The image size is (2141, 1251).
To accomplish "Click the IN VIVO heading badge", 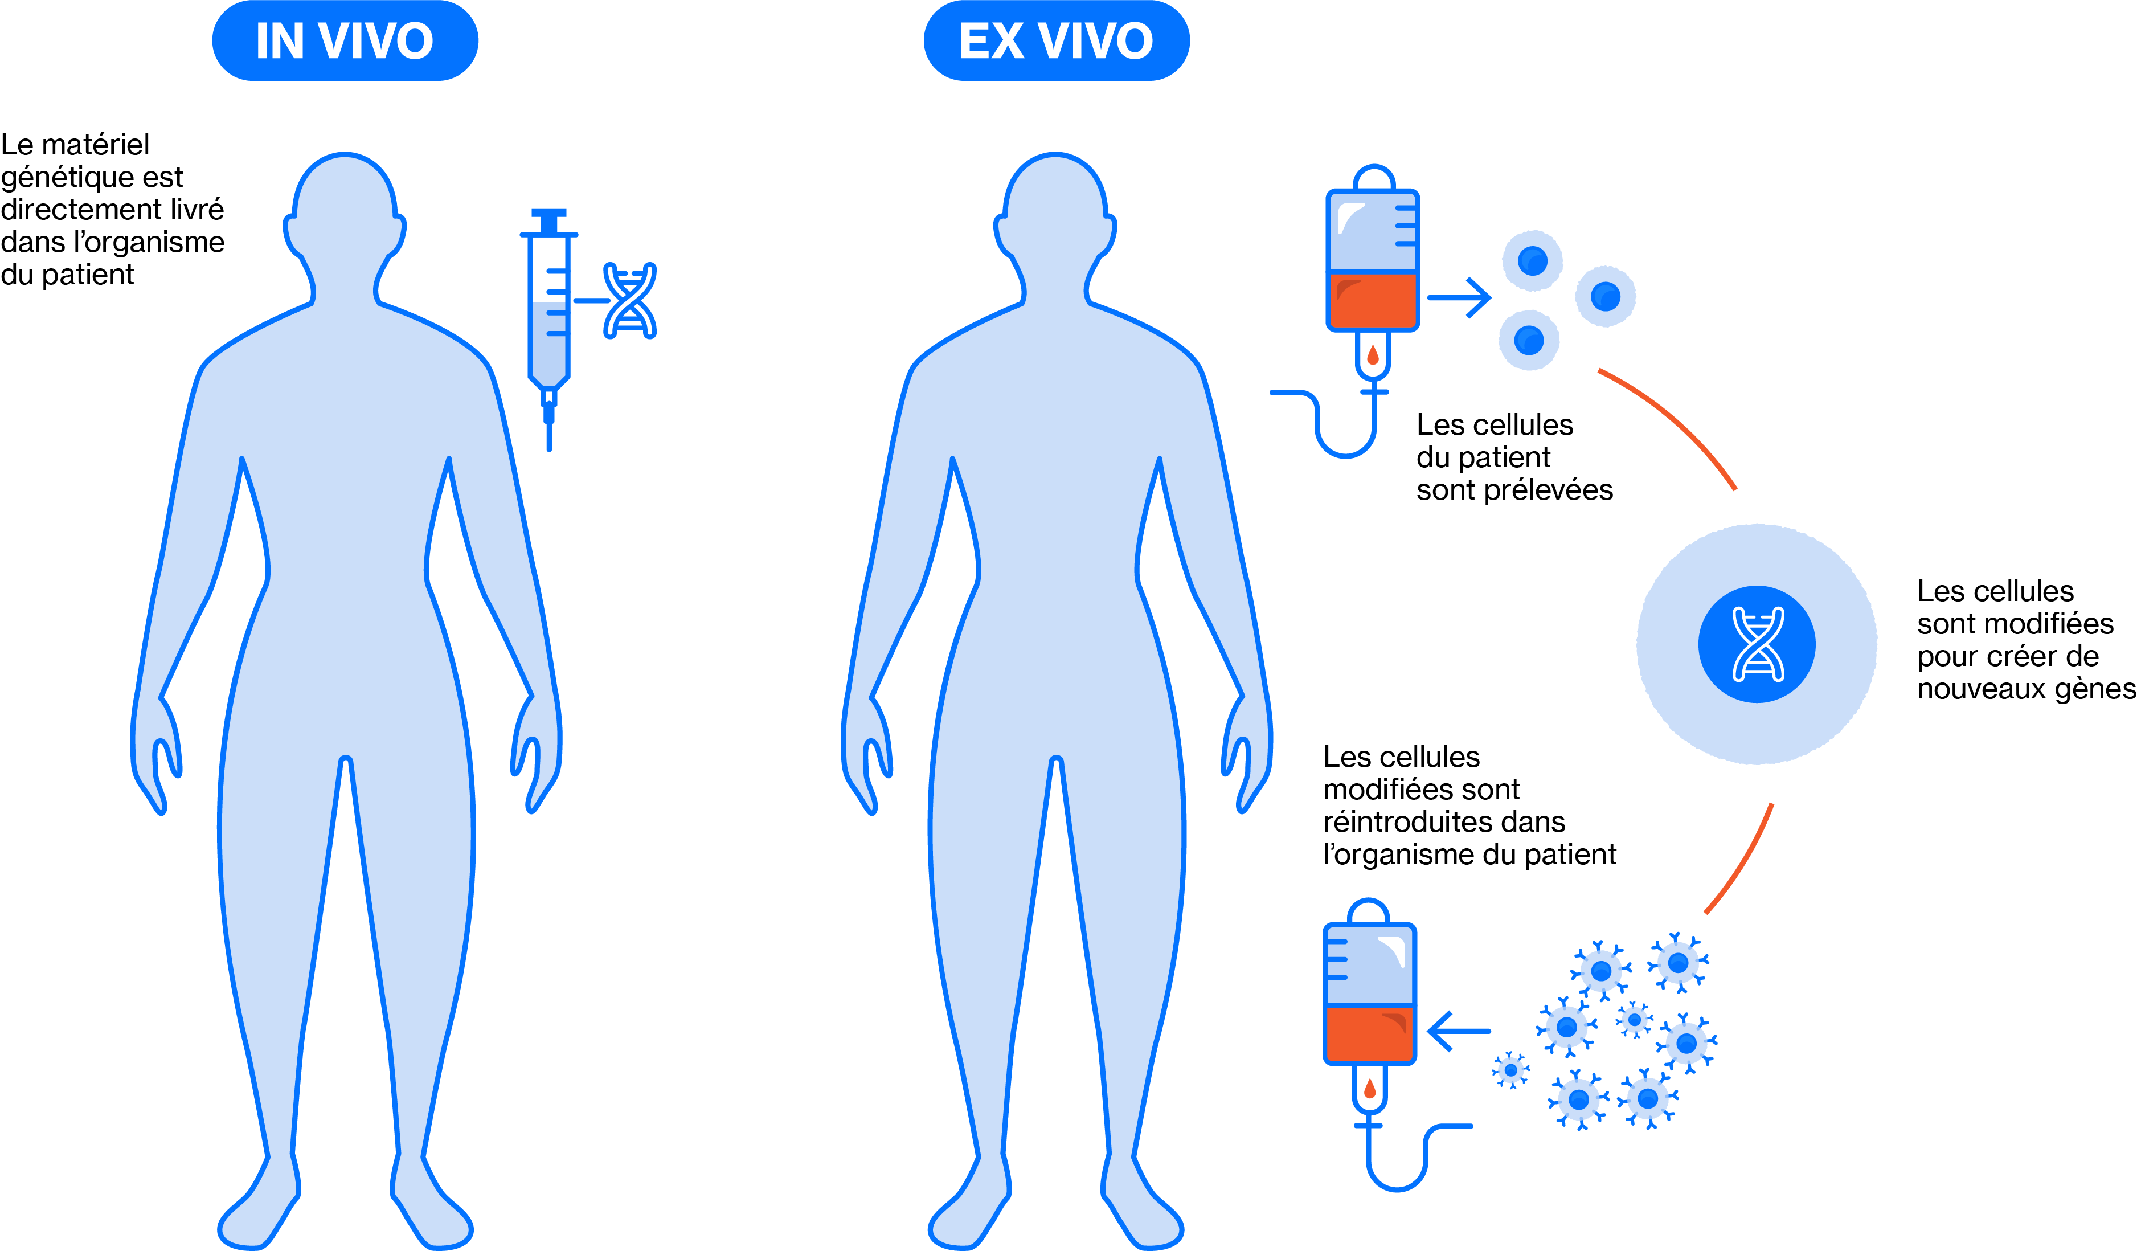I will point(345,41).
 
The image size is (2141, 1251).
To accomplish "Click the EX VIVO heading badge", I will point(1056,41).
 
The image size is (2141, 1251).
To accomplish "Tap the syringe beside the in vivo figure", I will point(549,323).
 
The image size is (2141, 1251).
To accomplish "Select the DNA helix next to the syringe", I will point(629,301).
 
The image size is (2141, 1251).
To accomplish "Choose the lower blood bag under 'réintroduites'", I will point(1370,994).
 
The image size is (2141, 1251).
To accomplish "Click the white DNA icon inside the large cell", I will point(1758,644).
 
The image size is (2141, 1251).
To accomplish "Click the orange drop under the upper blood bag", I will point(1373,355).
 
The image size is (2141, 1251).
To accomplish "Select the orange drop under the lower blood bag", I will point(1370,1089).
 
